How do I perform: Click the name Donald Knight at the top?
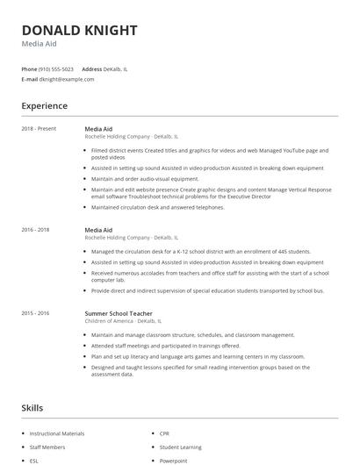click(79, 30)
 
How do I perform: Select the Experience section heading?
click(44, 106)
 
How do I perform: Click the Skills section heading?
click(32, 408)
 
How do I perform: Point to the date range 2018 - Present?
click(39, 129)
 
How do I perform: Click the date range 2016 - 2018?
click(35, 230)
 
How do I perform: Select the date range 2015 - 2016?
click(35, 313)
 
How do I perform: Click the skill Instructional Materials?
click(57, 433)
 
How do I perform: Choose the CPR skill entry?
click(165, 433)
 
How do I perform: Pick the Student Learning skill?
click(180, 447)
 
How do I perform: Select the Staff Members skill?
click(47, 447)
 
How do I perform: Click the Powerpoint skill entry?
click(174, 460)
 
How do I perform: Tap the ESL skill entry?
click(34, 460)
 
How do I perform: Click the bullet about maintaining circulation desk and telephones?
click(158, 208)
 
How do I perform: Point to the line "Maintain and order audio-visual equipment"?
click(145, 178)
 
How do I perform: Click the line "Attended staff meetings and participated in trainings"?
click(165, 346)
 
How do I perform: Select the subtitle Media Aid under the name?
click(40, 45)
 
